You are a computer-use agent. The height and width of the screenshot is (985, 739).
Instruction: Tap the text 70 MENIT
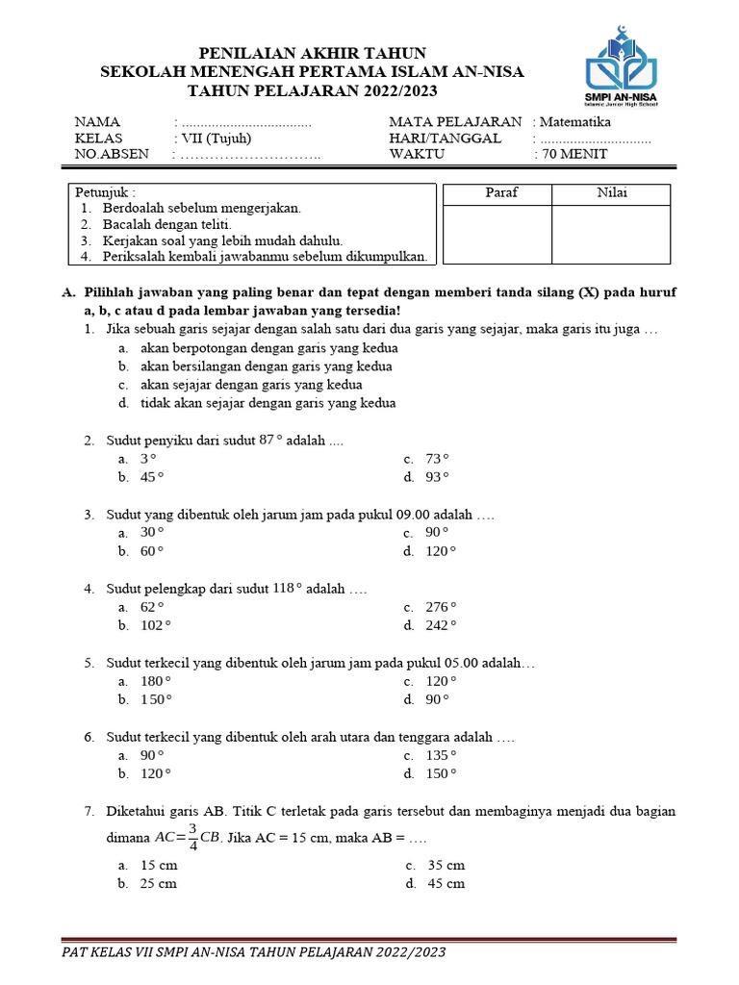pyautogui.click(x=572, y=154)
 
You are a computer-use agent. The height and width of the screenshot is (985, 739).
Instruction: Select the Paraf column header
pyautogui.click(x=501, y=193)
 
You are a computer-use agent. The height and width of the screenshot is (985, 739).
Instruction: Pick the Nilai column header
pyautogui.click(x=612, y=193)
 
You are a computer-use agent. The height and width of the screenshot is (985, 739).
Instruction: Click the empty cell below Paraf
pyautogui.click(x=497, y=234)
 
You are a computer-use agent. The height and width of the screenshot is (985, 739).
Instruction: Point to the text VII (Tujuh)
pyautogui.click(x=218, y=139)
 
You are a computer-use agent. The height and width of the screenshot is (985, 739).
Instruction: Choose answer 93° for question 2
pyautogui.click(x=438, y=477)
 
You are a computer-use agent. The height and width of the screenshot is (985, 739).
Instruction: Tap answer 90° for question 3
pyautogui.click(x=438, y=532)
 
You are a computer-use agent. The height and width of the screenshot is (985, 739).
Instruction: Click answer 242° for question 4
pyautogui.click(x=442, y=625)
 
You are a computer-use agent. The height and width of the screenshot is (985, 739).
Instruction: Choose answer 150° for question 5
pyautogui.click(x=156, y=699)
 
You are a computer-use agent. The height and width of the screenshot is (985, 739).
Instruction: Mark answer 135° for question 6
pyautogui.click(x=442, y=755)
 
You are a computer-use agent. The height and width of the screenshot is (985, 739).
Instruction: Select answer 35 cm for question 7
pyautogui.click(x=446, y=865)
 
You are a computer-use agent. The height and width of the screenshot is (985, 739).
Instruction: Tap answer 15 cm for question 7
pyautogui.click(x=159, y=865)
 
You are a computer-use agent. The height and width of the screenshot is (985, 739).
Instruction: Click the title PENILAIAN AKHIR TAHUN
pyautogui.click(x=312, y=52)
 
